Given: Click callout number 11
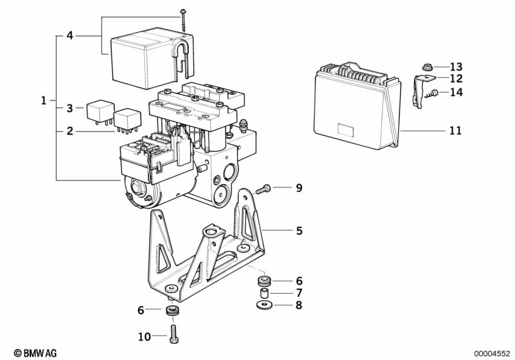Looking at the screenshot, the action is (x=455, y=131).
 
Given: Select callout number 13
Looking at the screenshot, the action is (x=456, y=67).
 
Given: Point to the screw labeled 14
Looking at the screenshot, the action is (x=431, y=93).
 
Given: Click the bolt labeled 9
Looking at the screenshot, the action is (x=263, y=189).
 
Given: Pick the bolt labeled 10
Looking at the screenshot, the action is (x=174, y=334).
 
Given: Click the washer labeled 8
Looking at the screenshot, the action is (x=265, y=305).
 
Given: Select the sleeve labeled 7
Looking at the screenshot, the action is (x=264, y=292).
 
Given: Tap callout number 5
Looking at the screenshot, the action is (x=299, y=231).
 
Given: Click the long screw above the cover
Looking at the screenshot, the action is (x=183, y=21).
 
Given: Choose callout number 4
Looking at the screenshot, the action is (x=70, y=35).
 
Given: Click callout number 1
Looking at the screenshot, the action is (x=44, y=100).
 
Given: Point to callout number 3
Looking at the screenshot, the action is (x=70, y=108).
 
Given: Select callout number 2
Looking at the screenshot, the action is (x=70, y=131).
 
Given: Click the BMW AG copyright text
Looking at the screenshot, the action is (x=35, y=353).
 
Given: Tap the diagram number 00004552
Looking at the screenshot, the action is (x=492, y=354).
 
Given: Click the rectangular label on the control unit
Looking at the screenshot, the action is (x=346, y=130).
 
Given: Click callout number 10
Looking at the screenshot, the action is (x=144, y=337).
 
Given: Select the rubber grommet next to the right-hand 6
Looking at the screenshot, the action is (x=264, y=281).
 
